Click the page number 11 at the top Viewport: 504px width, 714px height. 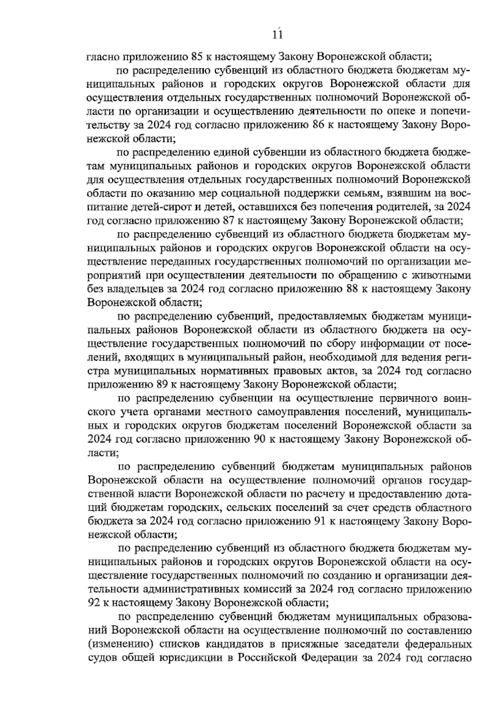pos(277,35)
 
